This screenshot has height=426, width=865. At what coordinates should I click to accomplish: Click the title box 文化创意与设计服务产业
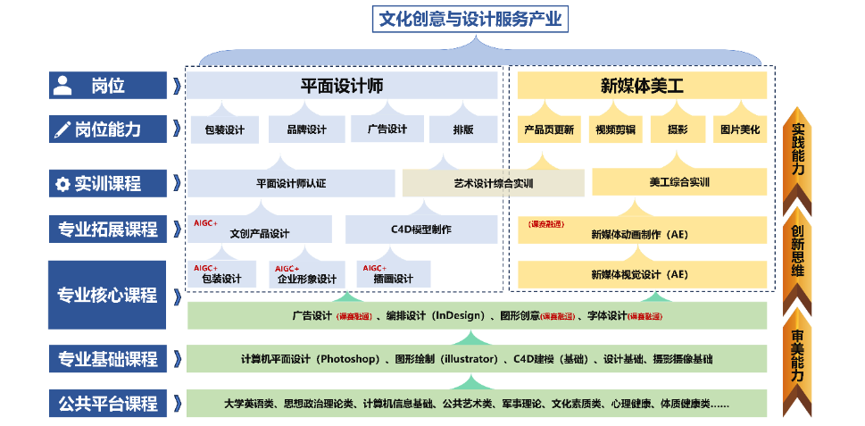coord(471,18)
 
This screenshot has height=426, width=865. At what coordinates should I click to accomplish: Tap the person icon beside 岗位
coord(62,86)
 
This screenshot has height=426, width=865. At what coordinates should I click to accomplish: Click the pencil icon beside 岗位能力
coord(62,129)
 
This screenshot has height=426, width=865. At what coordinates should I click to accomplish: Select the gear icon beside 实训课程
coord(62,184)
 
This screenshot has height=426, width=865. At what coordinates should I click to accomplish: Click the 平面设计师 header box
coord(342,86)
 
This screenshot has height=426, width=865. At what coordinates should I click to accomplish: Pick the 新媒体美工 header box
coord(642,86)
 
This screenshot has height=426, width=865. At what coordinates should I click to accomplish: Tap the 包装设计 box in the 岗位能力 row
coord(224,129)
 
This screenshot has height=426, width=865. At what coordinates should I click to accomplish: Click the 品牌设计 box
coord(306,129)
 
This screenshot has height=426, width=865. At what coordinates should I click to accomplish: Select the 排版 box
coord(463,129)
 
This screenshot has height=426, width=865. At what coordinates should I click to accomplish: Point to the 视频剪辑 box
coord(615,129)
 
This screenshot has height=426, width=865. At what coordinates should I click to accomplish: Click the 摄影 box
coord(678,129)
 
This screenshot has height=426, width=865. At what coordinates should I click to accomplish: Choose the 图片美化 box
coord(740,129)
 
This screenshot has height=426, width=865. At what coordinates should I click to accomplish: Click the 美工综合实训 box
coord(679,182)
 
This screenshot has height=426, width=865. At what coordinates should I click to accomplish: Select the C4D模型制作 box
coord(420,230)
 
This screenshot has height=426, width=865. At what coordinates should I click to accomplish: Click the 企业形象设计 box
coord(306,278)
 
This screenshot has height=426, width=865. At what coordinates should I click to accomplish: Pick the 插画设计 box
coord(392,278)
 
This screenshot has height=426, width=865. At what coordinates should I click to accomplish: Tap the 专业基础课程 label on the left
coord(107,359)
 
